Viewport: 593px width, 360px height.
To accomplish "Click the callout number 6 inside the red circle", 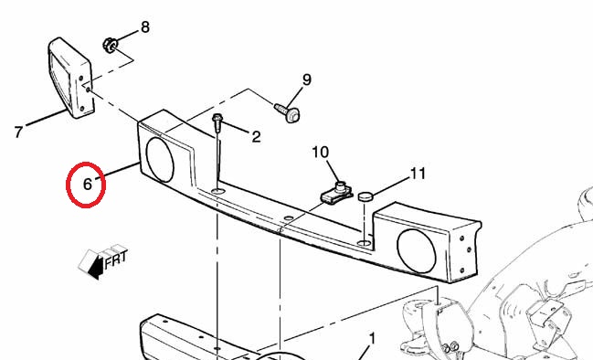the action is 88,185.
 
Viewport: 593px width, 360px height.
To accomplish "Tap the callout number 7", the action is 18,132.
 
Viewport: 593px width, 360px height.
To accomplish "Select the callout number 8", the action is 145,27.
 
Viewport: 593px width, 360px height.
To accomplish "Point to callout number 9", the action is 307,79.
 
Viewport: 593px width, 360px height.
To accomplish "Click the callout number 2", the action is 256,137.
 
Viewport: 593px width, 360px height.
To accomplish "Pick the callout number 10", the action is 321,153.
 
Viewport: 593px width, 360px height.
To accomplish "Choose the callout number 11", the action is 418,174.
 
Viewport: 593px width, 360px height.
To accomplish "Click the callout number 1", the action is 373,339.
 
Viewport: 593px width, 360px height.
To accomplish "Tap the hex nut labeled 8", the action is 110,46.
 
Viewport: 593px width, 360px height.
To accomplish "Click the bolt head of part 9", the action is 292,115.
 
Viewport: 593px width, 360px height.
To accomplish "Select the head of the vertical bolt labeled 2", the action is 217,118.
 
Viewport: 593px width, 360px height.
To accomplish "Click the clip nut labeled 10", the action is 336,193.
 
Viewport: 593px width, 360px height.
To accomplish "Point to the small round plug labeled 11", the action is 365,196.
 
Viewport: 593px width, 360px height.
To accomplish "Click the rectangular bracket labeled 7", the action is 70,78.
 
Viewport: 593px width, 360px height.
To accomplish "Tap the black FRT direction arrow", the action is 97,267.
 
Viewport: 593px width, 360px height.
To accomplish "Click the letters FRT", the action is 116,259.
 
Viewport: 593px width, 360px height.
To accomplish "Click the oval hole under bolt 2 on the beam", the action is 217,191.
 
